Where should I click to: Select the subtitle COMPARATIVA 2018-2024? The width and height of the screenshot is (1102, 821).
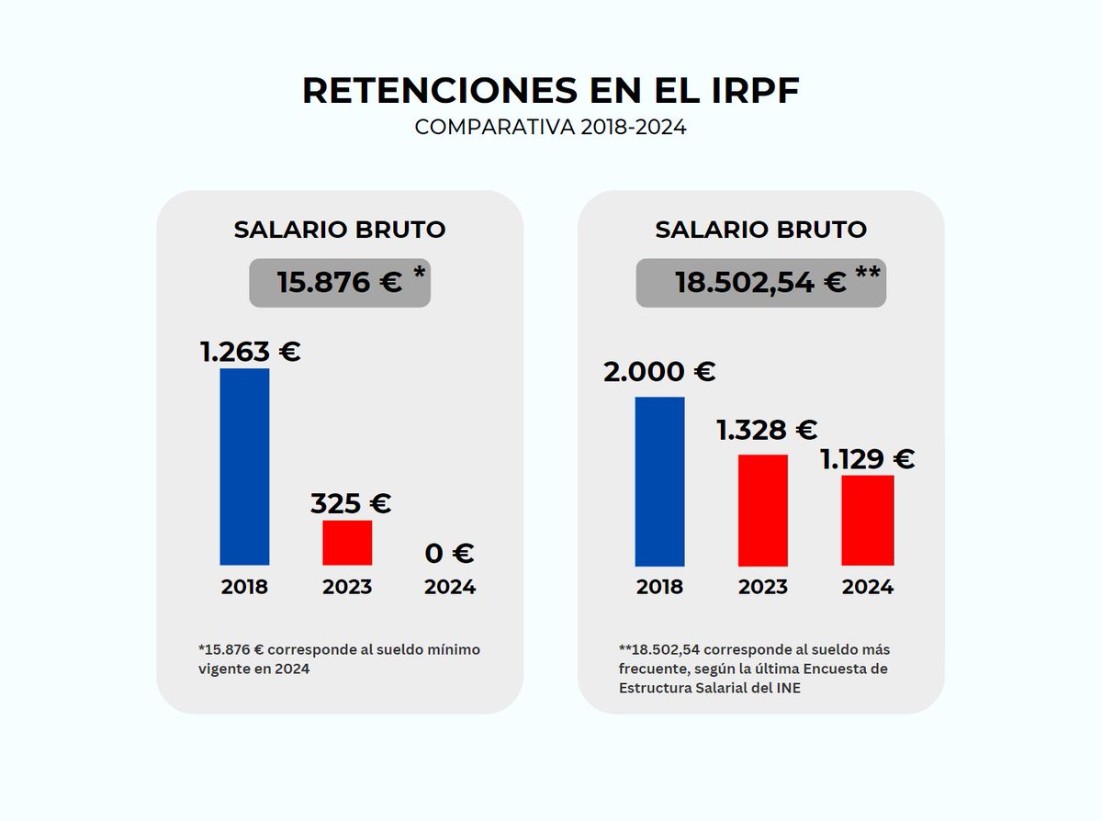[550, 128]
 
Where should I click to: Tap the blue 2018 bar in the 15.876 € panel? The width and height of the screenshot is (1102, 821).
[244, 467]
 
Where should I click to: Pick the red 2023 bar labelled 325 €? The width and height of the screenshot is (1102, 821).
[347, 543]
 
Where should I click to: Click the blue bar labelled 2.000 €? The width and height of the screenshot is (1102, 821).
[659, 481]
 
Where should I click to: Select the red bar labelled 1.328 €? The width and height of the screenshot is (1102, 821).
[762, 510]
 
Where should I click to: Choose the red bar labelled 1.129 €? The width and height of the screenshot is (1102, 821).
[867, 520]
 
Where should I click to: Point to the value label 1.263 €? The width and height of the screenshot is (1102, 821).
[251, 352]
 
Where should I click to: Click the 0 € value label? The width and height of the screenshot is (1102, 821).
[449, 554]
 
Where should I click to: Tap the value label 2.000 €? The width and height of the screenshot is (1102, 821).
[659, 372]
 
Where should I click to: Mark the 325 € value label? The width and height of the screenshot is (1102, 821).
[350, 503]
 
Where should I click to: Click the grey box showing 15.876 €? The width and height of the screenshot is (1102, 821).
[340, 283]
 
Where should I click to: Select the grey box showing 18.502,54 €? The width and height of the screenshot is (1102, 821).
[760, 283]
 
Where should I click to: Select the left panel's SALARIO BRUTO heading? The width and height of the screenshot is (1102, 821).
[340, 230]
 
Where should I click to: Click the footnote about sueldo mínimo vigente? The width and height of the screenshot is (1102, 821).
[339, 659]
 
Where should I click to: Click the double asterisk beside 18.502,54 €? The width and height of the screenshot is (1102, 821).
[867, 274]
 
